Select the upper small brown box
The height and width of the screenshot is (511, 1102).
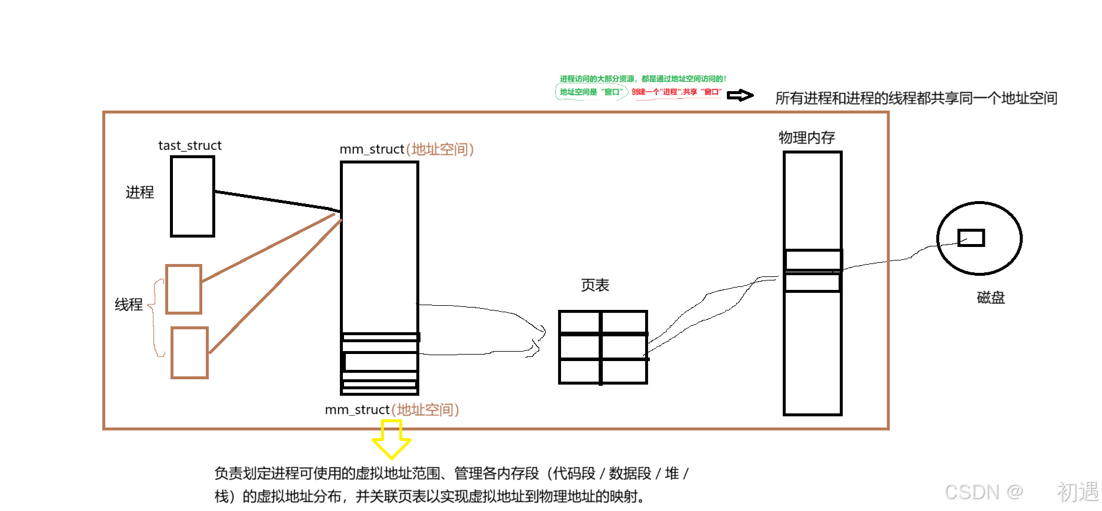click(183, 289)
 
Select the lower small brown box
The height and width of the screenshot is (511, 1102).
click(189, 353)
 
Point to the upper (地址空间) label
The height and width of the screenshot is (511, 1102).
click(440, 149)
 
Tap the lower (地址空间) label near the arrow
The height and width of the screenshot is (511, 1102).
click(425, 410)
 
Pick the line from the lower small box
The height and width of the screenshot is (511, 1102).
click(275, 286)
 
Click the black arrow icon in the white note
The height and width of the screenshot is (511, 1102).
click(736, 93)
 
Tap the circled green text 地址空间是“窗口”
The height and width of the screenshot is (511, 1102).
click(590, 92)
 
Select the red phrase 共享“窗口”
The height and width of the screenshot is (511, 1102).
click(702, 92)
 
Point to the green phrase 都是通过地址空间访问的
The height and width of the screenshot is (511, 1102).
click(682, 79)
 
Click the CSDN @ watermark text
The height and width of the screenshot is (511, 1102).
click(983, 491)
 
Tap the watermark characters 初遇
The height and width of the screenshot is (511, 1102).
click(1076, 491)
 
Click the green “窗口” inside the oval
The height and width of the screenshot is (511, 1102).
click(612, 92)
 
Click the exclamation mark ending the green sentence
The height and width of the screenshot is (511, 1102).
click(725, 79)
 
